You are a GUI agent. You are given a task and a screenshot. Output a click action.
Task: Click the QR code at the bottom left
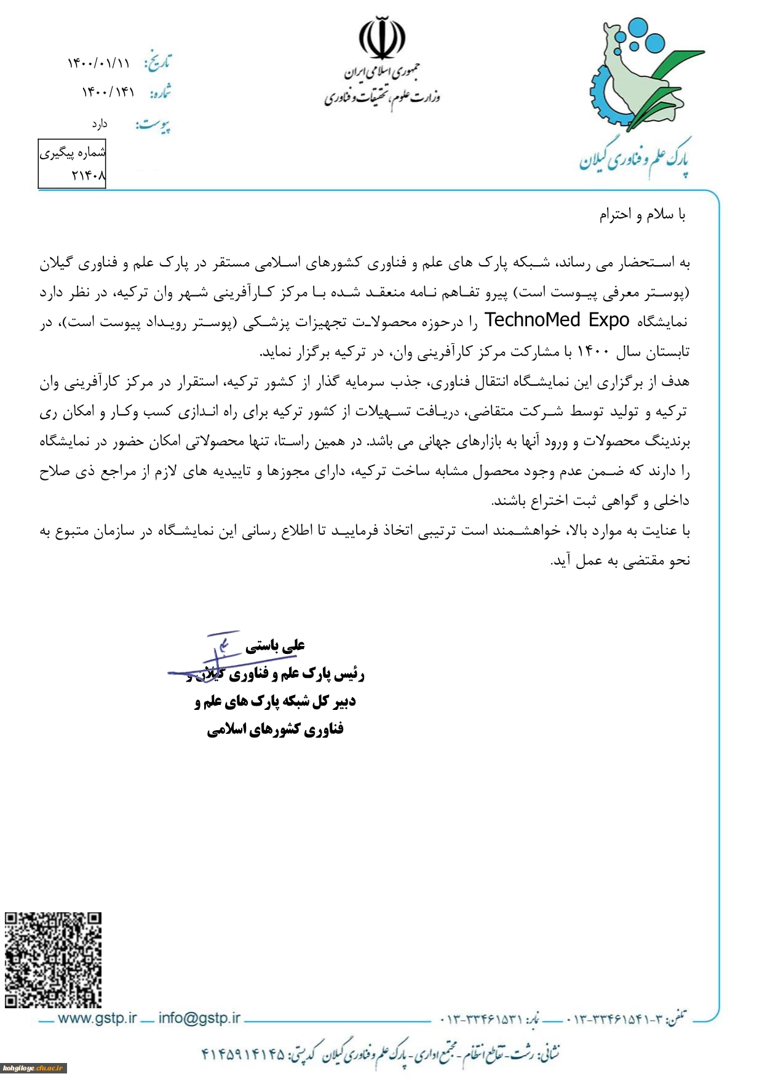coord(53,960)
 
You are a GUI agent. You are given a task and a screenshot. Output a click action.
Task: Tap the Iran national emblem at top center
coord(382,38)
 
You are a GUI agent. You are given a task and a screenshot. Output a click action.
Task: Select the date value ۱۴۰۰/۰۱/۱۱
coord(99,63)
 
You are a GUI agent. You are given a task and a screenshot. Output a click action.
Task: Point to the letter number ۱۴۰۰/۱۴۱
coord(108,92)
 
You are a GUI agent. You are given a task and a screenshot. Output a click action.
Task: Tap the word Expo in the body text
coord(609,321)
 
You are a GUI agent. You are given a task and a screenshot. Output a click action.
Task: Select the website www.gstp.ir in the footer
coord(97,1018)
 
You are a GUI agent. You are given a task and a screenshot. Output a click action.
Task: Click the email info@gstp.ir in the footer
coord(199,1018)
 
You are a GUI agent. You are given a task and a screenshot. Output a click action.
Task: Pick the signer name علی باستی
coord(275,645)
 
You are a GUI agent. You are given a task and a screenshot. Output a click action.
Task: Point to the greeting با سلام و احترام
coord(642,215)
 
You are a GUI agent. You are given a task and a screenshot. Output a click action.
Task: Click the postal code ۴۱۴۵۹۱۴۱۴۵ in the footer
coord(244,1054)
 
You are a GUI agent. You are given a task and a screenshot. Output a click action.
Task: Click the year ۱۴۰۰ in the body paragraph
coord(593,352)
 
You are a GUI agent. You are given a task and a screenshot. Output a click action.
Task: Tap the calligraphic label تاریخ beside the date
coord(157,62)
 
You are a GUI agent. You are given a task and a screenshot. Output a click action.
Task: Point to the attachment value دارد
coord(100,124)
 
